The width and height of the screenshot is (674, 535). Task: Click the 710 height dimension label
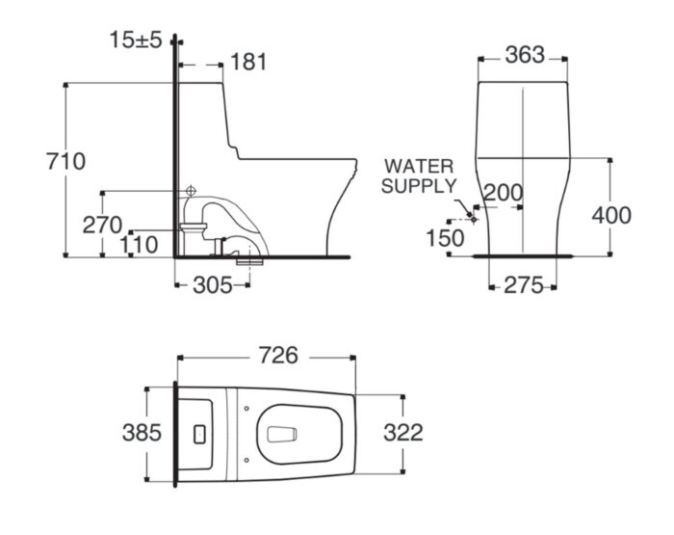[66, 162]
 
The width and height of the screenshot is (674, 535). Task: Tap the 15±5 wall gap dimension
[136, 40]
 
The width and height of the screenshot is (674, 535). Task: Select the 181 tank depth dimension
[248, 62]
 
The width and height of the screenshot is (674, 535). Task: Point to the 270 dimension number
[102, 226]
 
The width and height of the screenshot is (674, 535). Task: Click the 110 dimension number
[139, 246]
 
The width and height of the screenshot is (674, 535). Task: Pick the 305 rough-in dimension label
[213, 285]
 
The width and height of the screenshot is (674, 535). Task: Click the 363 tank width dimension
[525, 55]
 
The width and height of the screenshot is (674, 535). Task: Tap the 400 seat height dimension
[611, 215]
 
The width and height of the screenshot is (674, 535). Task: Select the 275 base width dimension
[524, 285]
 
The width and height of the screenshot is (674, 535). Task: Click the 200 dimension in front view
[504, 193]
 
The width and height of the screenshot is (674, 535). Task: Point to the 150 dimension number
[445, 238]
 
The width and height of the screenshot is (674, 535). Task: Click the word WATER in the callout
[419, 166]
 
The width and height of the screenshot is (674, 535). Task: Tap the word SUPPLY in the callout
[419, 186]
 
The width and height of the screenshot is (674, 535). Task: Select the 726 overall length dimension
[278, 356]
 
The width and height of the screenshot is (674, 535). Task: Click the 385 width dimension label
[142, 433]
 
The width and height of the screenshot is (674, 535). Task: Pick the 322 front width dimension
[403, 433]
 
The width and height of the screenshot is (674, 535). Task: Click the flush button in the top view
[199, 435]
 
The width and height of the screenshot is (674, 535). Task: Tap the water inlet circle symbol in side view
[191, 190]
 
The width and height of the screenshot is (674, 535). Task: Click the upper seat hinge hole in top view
[246, 408]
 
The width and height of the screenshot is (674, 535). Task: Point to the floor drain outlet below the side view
[249, 261]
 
